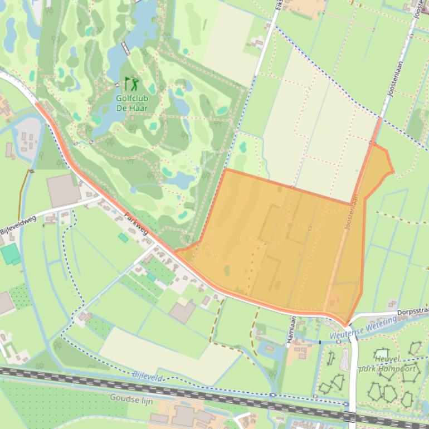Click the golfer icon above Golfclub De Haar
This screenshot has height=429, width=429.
click(x=132, y=84)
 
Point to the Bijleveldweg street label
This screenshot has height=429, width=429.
click(x=18, y=225)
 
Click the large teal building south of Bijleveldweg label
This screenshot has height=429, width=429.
click(x=10, y=253)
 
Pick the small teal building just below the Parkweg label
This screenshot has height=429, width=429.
click(x=123, y=238)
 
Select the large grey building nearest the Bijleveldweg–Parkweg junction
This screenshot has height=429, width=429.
click(x=63, y=190)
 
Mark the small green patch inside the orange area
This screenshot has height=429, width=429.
click(x=227, y=271)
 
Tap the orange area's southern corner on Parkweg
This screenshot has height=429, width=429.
click(x=345, y=324)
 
